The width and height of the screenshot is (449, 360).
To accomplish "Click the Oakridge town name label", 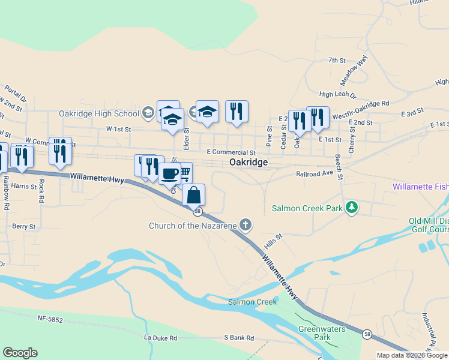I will (248, 163).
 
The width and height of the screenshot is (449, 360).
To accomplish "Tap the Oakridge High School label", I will (99, 113).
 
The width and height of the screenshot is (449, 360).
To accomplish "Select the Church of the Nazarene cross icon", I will (245, 225).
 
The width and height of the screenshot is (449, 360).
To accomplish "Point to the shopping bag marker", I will (193, 195).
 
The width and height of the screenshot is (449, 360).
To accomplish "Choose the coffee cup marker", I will (170, 173).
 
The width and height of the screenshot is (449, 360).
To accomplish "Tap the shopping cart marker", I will (185, 173).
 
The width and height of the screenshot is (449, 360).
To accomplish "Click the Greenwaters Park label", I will (314, 333).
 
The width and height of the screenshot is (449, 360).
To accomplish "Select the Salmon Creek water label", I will (252, 302).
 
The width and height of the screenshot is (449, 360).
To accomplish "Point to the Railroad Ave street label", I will (314, 173).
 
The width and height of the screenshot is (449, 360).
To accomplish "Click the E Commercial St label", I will (231, 152).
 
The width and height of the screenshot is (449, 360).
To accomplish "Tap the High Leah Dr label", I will (337, 95).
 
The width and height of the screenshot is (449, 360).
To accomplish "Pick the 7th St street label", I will (337, 60).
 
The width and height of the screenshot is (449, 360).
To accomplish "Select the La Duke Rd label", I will (160, 338).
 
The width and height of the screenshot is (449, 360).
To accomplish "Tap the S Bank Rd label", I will (239, 338).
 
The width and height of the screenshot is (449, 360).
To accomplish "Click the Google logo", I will (20, 353).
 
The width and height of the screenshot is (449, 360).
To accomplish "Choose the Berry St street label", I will (23, 227).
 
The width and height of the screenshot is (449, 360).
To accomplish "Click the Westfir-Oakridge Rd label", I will (360, 103).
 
